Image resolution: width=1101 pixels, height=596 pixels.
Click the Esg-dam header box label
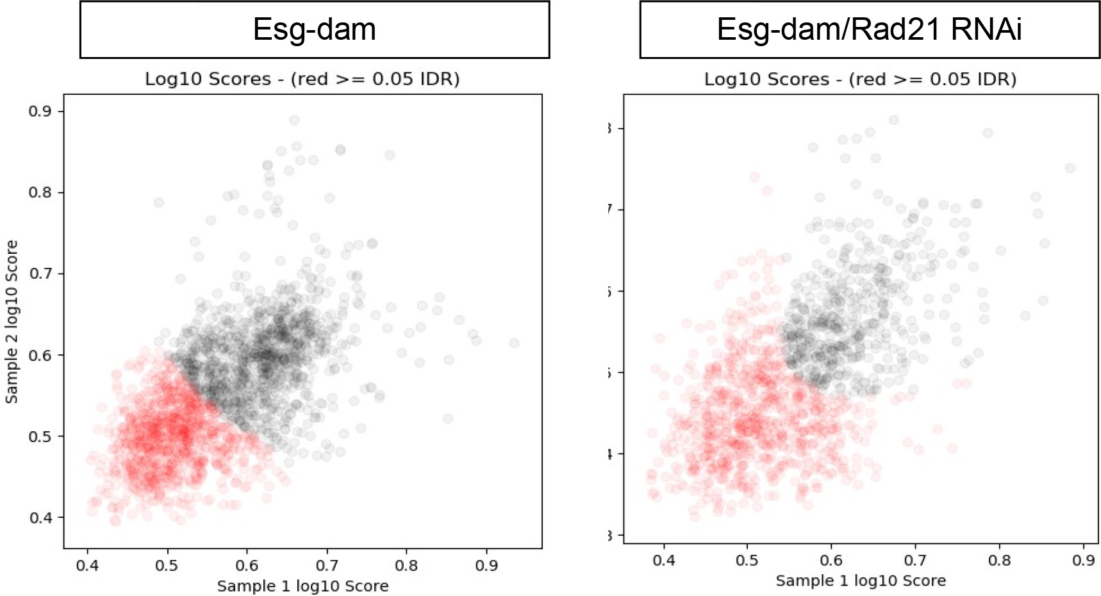coord(314,29)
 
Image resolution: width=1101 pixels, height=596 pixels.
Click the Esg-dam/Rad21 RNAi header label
coord(869,29)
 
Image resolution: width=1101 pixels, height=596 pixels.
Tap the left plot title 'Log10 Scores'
coord(302,79)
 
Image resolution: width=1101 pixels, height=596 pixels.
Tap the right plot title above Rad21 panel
coord(860,79)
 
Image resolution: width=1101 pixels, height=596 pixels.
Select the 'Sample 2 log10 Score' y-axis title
coord(12,322)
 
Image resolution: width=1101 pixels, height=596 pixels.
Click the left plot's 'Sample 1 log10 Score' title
coord(302,586)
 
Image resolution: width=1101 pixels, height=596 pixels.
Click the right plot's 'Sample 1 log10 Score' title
coord(861,581)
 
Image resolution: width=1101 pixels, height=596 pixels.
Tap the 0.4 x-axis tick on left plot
coord(87,565)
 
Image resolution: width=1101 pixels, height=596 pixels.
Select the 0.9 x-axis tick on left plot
coord(486,565)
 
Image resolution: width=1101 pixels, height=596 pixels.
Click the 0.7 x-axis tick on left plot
coord(327,565)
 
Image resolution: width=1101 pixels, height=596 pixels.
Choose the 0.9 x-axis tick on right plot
coord(1083,560)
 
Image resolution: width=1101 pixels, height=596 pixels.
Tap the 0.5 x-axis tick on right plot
coord(747,560)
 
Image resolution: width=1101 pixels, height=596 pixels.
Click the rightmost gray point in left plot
coord(514,344)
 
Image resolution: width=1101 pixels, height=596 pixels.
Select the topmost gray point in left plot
coord(294,120)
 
